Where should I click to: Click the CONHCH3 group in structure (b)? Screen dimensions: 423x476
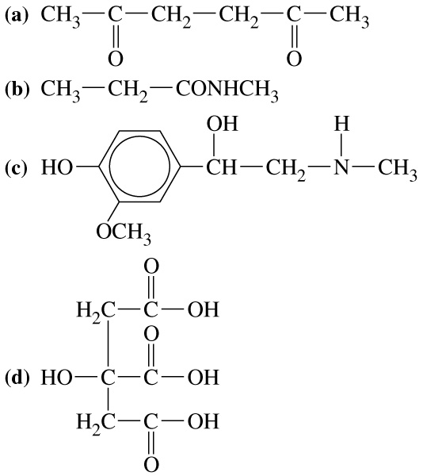227,90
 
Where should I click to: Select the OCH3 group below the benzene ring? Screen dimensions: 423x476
124,233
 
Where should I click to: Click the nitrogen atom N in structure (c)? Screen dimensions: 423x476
341,167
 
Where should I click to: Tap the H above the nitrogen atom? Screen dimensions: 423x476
341,124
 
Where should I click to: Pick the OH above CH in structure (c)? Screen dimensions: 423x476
223,124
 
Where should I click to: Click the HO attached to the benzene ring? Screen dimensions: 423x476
57,167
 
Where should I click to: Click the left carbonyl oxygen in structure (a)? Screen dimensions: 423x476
116,59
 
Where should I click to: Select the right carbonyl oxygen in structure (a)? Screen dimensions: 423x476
294,59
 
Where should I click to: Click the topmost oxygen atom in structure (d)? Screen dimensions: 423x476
151,267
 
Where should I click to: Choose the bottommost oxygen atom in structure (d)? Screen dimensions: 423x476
151,465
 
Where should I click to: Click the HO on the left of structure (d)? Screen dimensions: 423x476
57,378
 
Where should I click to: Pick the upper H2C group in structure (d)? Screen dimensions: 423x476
96,311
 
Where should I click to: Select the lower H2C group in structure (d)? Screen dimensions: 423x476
96,423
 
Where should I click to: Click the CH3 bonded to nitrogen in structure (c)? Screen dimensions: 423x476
398,169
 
